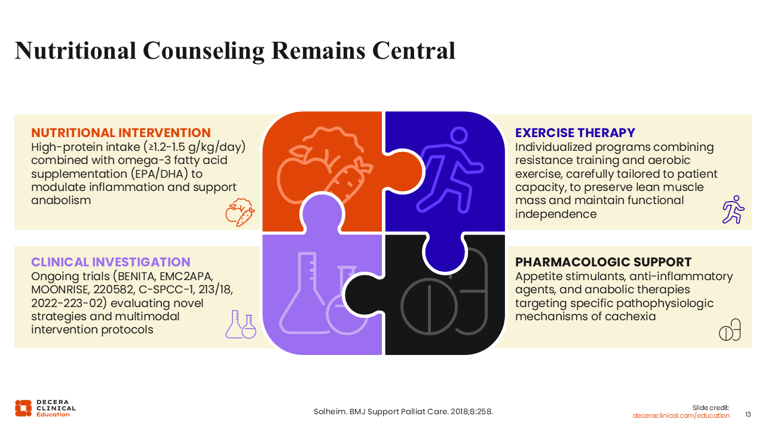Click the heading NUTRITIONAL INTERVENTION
(121, 133)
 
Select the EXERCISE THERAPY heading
(575, 133)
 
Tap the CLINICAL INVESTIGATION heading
(111, 262)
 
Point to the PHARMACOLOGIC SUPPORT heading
(603, 262)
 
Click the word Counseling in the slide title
(204, 51)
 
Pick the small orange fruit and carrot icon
(240, 213)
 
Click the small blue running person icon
(733, 210)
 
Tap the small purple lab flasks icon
(241, 324)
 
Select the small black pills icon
(730, 330)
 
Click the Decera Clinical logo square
(23, 408)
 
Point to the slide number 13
(748, 415)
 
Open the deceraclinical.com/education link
(681, 415)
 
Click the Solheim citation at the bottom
(403, 411)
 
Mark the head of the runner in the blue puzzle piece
(459, 135)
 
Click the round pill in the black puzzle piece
(429, 306)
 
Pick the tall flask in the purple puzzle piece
(302, 293)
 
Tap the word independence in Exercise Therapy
(556, 214)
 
